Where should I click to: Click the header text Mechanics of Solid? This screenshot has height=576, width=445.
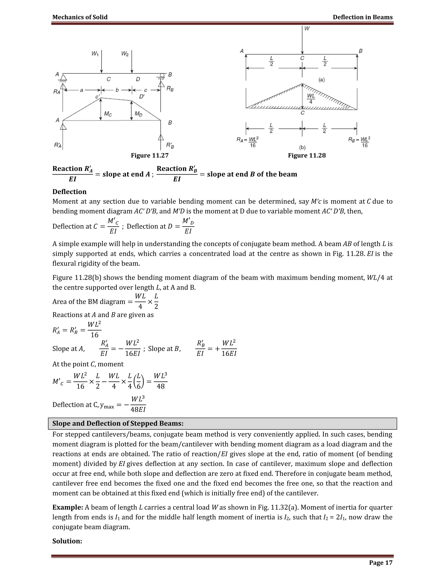click(x=80, y=17)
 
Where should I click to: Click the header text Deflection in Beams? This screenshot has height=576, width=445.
click(x=362, y=17)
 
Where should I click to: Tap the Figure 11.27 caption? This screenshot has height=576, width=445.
click(x=149, y=155)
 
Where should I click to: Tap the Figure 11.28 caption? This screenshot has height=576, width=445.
click(x=307, y=155)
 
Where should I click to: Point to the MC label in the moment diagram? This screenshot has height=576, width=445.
click(x=108, y=114)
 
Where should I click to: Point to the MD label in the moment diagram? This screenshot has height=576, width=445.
click(x=138, y=114)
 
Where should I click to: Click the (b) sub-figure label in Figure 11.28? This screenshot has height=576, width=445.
click(x=302, y=147)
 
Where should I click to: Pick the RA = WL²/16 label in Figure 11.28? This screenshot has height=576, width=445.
click(x=247, y=142)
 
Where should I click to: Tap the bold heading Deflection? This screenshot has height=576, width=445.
click(x=69, y=192)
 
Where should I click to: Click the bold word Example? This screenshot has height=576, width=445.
click(x=68, y=507)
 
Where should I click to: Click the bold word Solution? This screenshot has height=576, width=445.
click(x=67, y=541)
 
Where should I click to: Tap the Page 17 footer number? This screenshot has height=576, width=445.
click(x=380, y=563)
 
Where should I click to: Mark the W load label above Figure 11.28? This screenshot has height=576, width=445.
click(x=307, y=28)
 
